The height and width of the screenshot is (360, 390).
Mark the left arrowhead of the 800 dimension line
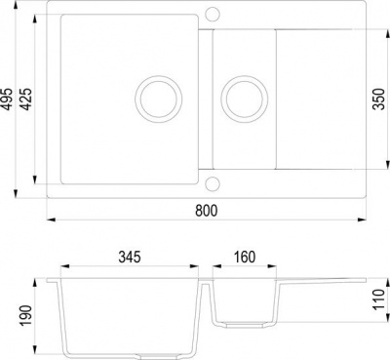pos(51,220)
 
